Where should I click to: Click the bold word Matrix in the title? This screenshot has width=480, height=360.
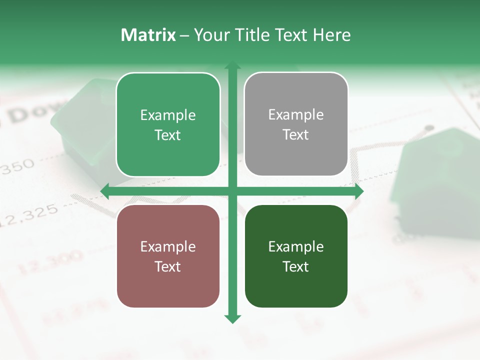click(148, 35)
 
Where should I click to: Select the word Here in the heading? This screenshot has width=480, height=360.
click(331, 35)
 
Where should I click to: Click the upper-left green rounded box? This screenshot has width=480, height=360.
click(168, 124)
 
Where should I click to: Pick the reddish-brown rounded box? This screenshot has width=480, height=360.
click(168, 256)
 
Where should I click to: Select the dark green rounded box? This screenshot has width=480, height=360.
click(296, 256)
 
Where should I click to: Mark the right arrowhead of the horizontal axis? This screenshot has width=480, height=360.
click(358, 191)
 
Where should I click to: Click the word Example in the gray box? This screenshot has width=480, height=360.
click(296, 114)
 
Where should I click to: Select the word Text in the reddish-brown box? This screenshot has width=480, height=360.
click(168, 266)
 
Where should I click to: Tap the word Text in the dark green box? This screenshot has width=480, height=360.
click(296, 266)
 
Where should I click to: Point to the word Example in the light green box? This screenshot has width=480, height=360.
click(168, 115)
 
